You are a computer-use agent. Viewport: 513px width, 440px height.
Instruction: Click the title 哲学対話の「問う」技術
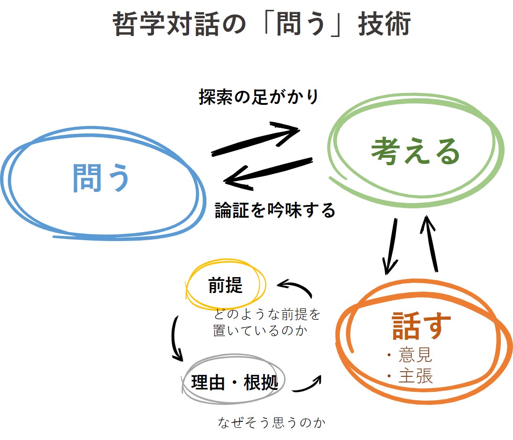point(261,23)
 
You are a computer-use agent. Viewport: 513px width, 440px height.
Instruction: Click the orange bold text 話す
point(421,325)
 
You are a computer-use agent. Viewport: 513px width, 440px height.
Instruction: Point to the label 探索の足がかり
point(258,97)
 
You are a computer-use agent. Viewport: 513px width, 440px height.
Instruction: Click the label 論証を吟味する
point(275,210)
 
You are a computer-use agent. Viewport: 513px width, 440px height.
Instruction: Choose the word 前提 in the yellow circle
point(226,285)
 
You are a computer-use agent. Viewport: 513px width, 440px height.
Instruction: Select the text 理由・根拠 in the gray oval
point(235,382)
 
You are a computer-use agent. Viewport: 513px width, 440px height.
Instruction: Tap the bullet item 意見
point(415,355)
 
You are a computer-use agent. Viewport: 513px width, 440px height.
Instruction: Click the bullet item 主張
point(416,375)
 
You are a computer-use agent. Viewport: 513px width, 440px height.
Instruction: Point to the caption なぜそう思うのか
point(271,422)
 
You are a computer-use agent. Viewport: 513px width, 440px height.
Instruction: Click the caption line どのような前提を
point(267,314)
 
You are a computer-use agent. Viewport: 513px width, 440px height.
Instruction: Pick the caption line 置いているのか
point(260,330)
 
